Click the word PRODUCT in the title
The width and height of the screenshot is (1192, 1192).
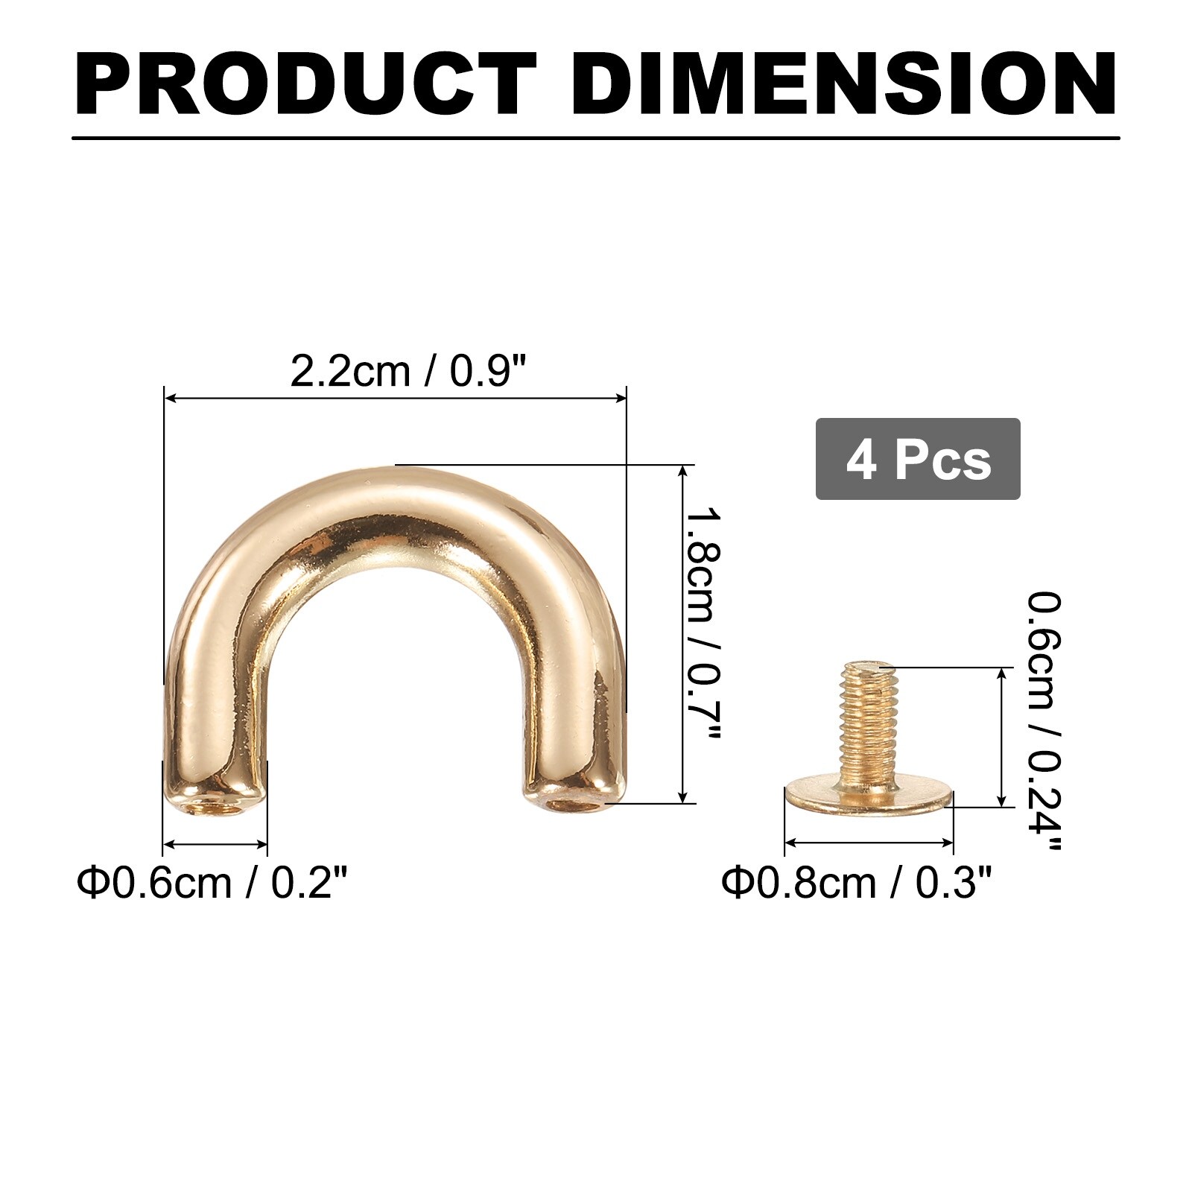(x=305, y=83)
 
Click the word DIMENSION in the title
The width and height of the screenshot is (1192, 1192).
(x=843, y=83)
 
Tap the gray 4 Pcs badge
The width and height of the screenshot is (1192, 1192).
(x=918, y=459)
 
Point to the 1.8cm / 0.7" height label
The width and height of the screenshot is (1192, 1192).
(x=703, y=624)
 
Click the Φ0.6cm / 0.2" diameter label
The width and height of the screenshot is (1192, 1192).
(x=212, y=884)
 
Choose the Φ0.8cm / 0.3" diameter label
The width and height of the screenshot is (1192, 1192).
(x=857, y=884)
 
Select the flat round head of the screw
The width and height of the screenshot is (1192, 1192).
(x=869, y=794)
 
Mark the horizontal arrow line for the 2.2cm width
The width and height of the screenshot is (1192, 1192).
(x=395, y=399)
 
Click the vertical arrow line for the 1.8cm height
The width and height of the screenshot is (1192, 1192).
(x=683, y=633)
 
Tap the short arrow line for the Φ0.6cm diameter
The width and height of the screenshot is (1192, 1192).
(x=215, y=844)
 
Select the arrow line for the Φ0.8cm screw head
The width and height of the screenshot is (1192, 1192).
(x=869, y=843)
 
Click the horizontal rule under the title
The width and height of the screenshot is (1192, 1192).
(x=596, y=138)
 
